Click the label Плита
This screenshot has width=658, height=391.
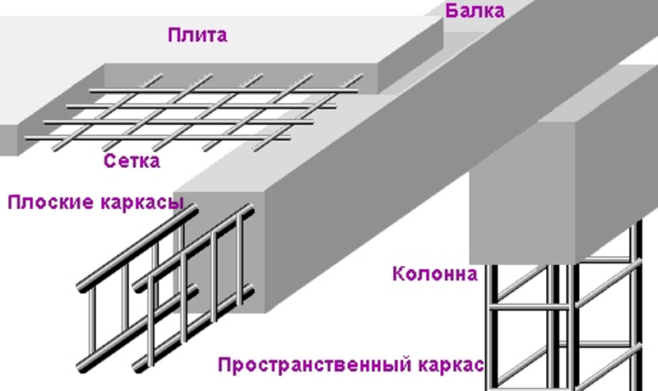pyautogui.click(x=197, y=35)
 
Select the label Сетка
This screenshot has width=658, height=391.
pyautogui.click(x=132, y=161)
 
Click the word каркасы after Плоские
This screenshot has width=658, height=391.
pyautogui.click(x=138, y=203)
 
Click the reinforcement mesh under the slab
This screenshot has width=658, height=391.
pyautogui.click(x=197, y=107)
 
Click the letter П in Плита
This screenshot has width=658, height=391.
pyautogui.click(x=174, y=35)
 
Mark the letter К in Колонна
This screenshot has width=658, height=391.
pyautogui.click(x=400, y=272)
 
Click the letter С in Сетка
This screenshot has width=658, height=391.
pyautogui.click(x=110, y=161)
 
